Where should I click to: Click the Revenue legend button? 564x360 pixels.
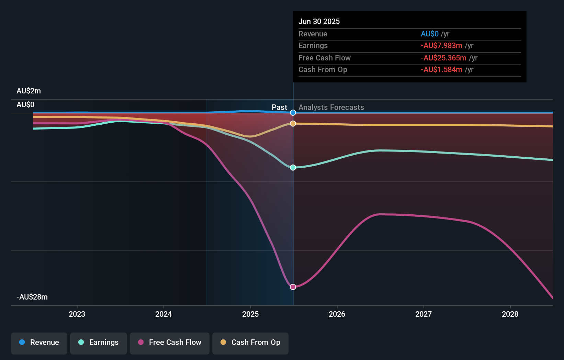[39, 343]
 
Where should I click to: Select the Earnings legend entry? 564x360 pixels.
[99, 343]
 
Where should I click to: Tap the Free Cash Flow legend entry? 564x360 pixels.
[170, 343]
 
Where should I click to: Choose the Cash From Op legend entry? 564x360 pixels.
[250, 343]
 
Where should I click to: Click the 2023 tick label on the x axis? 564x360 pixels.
[77, 314]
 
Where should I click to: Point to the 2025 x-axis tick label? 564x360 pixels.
[250, 314]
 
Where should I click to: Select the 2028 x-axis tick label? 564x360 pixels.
[510, 314]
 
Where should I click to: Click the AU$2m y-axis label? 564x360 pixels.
[29, 91]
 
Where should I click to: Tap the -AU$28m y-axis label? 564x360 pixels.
[32, 297]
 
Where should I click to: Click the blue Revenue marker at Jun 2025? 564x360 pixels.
[293, 113]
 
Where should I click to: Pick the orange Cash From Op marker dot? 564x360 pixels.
[293, 124]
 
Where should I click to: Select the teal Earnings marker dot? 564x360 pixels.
[293, 168]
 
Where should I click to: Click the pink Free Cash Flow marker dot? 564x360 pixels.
[293, 287]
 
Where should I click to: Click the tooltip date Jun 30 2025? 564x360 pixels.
[319, 22]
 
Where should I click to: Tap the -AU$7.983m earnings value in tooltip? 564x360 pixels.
[441, 46]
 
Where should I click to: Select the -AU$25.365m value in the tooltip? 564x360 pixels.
[443, 58]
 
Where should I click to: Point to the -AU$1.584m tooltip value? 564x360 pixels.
[441, 70]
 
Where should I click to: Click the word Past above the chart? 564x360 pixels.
[279, 108]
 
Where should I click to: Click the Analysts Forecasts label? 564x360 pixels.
[331, 108]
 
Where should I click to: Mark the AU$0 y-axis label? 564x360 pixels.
[25, 105]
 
